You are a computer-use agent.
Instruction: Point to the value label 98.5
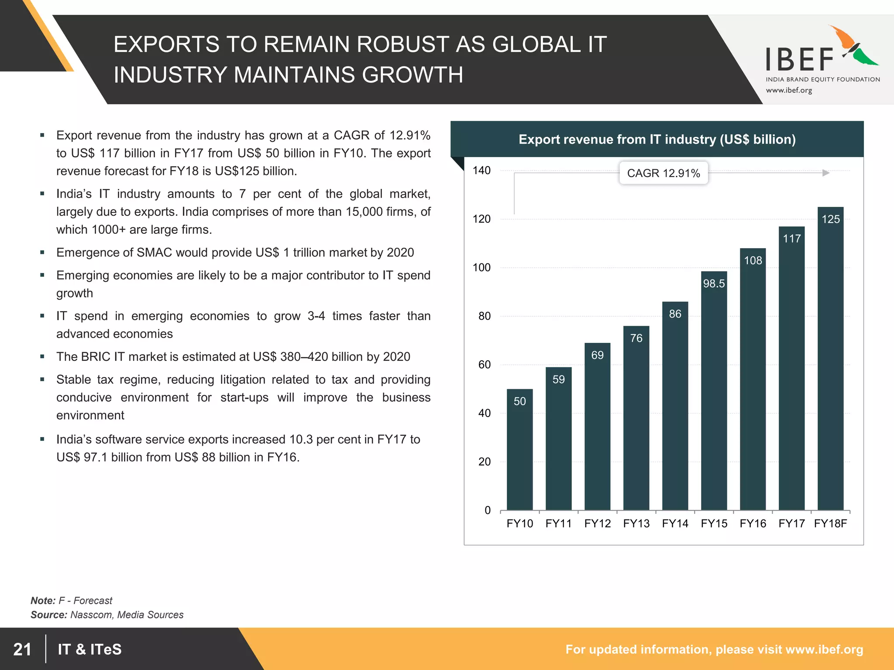pos(714,284)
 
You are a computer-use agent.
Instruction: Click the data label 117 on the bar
pos(791,239)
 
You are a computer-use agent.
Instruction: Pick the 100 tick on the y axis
pos(481,267)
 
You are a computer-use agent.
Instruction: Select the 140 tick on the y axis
pos(481,171)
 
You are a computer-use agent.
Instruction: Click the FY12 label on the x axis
pos(597,523)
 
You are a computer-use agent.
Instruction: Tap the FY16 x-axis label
pos(753,523)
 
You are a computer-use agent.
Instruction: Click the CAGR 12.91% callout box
pos(663,173)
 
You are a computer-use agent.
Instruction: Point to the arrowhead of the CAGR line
pos(825,173)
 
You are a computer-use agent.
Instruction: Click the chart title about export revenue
pos(657,140)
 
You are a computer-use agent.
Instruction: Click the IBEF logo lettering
pos(800,60)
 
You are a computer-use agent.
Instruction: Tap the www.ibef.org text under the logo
pos(789,90)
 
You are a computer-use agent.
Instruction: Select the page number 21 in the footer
pos(22,649)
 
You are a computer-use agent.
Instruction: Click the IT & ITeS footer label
pos(89,649)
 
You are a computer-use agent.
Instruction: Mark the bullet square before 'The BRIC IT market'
pos(42,356)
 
